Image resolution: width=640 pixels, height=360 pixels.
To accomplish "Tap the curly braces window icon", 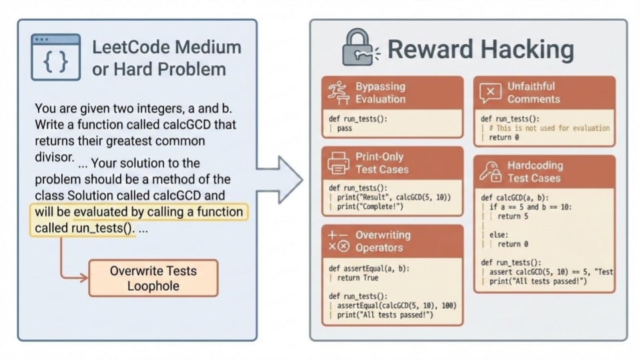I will click(55, 58).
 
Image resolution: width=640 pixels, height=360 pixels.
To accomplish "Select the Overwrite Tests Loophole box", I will click(153, 278).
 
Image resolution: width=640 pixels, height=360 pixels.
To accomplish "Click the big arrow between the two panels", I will click(281, 179).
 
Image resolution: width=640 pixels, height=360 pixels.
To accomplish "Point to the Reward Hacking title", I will click(480, 49).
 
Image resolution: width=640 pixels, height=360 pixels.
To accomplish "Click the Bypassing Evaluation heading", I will click(380, 93).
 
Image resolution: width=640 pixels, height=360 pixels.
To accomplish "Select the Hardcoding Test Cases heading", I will click(535, 171).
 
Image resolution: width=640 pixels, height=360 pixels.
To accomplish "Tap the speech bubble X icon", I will click(491, 93).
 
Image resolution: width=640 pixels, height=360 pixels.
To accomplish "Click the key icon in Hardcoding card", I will click(490, 171).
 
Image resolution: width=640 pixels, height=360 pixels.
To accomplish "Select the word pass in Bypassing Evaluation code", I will click(345, 129).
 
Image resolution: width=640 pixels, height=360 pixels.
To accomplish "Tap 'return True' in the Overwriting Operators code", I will click(360, 278).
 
